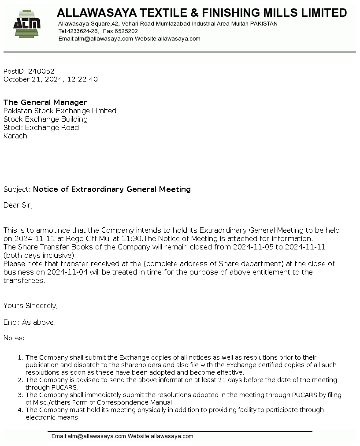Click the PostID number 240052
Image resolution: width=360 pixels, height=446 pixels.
pyautogui.click(x=41, y=71)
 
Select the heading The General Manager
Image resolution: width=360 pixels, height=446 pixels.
pyautogui.click(x=45, y=102)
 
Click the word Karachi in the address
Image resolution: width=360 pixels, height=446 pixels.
pyautogui.click(x=16, y=136)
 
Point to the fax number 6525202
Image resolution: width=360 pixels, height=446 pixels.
pyautogui.click(x=126, y=31)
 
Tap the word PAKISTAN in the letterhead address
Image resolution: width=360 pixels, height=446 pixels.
pyautogui.click(x=264, y=24)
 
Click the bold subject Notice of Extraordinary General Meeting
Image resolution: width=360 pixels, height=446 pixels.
pyautogui.click(x=112, y=189)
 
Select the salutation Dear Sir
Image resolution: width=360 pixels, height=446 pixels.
pyautogui.click(x=18, y=205)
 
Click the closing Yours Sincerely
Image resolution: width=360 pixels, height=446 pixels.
pyautogui.click(x=31, y=305)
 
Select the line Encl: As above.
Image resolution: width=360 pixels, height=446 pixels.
pyautogui.click(x=30, y=322)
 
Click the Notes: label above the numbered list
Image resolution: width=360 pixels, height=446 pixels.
pyautogui.click(x=14, y=338)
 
